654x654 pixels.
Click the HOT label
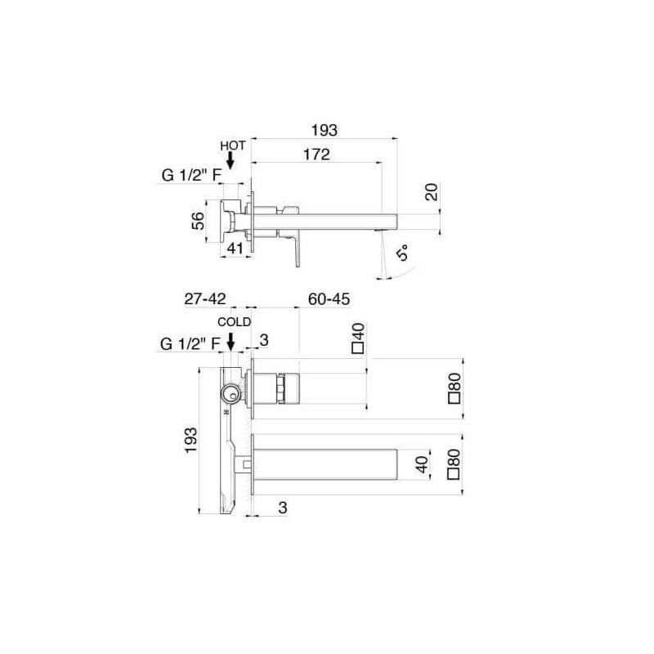pyautogui.click(x=233, y=146)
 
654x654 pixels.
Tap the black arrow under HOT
pyautogui.click(x=230, y=161)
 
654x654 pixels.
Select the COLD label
pyautogui.click(x=234, y=322)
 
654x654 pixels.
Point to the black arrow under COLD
pyautogui.click(x=231, y=342)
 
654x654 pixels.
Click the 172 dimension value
pyautogui.click(x=316, y=155)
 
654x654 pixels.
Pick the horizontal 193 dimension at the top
pyautogui.click(x=324, y=130)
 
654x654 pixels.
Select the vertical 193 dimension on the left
pyautogui.click(x=190, y=440)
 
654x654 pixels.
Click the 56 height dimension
pyautogui.click(x=198, y=221)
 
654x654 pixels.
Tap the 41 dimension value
pyautogui.click(x=235, y=249)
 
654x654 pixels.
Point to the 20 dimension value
pyautogui.click(x=432, y=192)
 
